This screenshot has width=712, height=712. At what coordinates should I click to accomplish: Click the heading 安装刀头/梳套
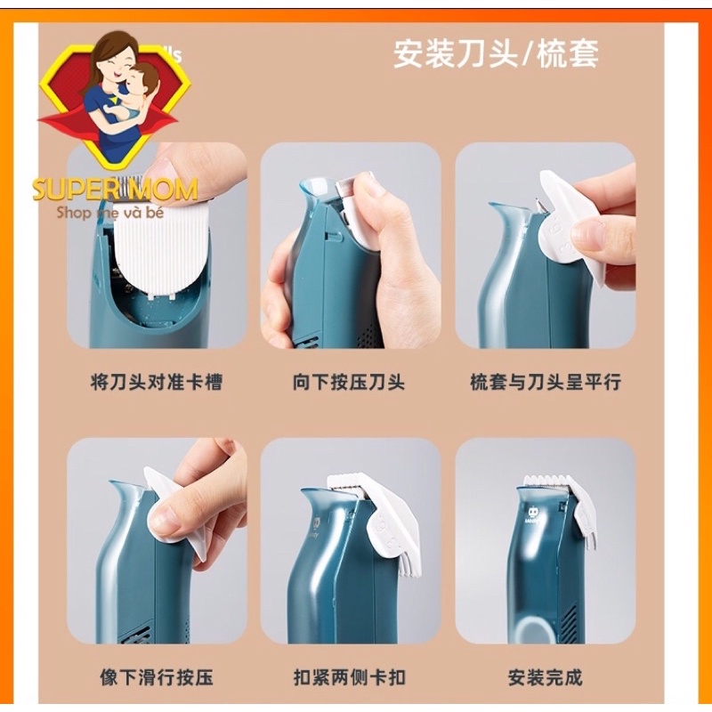click(496, 54)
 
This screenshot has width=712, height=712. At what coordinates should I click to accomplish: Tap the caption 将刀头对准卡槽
click(156, 383)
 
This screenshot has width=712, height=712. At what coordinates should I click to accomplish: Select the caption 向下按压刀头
click(349, 383)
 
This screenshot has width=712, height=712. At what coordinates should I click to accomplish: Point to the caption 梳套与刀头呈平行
click(545, 383)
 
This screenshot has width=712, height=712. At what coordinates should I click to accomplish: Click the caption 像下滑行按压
click(156, 678)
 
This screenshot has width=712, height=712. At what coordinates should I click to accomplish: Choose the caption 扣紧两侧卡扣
click(349, 678)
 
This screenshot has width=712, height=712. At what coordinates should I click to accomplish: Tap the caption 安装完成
click(545, 678)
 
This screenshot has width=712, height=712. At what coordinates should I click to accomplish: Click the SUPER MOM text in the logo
click(115, 190)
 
